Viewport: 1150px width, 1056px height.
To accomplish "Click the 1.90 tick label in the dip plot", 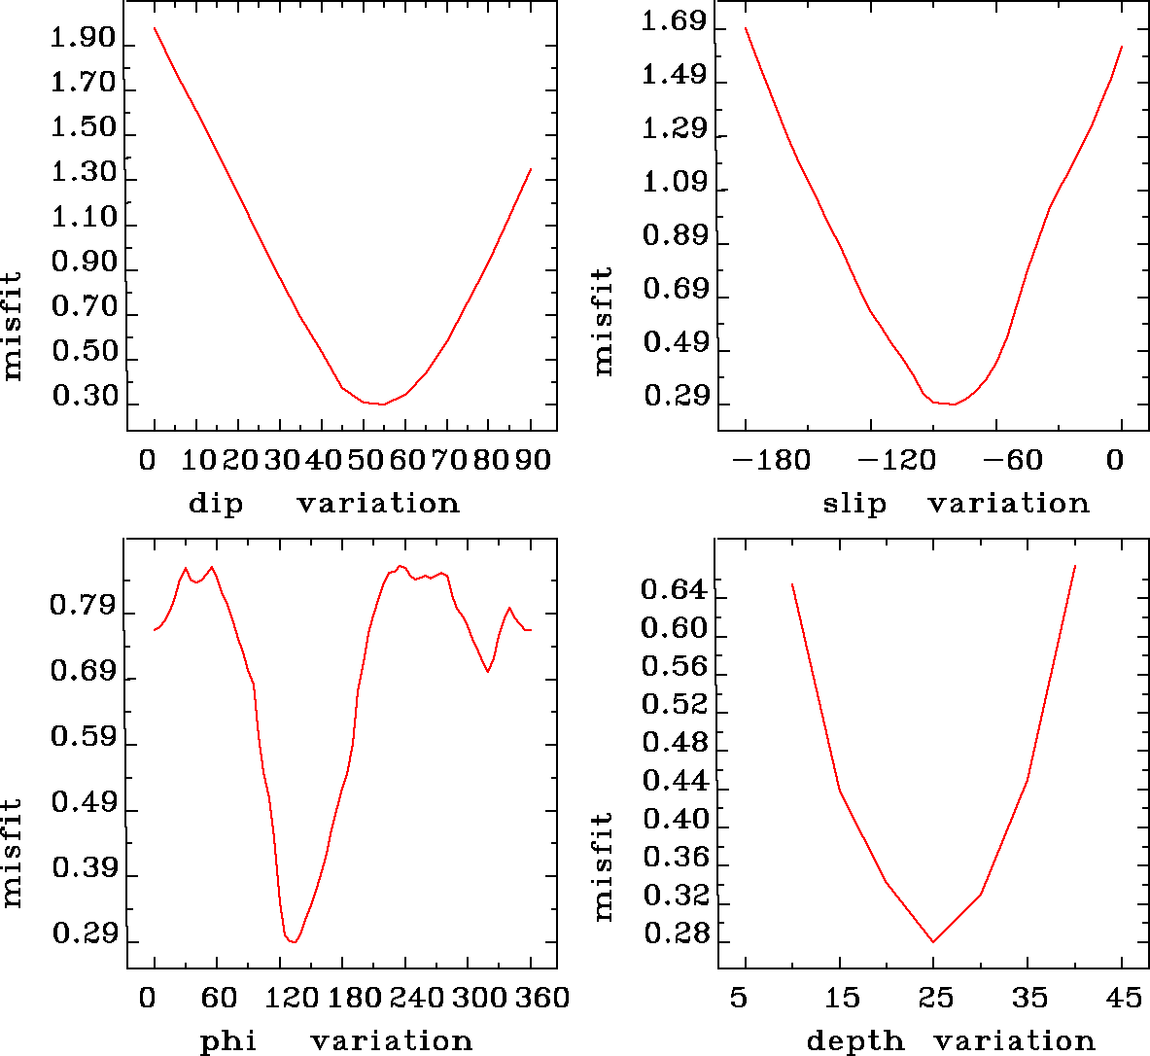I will pyautogui.click(x=83, y=40).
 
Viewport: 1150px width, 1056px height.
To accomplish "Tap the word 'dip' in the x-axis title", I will pyautogui.click(x=216, y=504).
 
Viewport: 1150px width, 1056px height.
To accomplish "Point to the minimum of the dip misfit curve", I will pyautogui.click(x=382, y=404).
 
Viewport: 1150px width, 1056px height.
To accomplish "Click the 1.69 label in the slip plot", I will pyautogui.click(x=674, y=22).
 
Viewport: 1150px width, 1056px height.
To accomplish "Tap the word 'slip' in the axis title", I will pyautogui.click(x=854, y=504).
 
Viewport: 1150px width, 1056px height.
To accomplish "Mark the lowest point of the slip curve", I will pyautogui.click(x=953, y=404).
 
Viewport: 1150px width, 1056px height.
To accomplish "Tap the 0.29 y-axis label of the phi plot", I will pyautogui.click(x=83, y=935).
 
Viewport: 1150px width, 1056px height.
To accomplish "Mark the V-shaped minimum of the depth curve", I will pyautogui.click(x=933, y=941).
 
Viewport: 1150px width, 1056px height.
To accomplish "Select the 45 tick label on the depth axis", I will pyautogui.click(x=1122, y=999).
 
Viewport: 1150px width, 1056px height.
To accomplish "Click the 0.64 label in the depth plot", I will pyautogui.click(x=674, y=589).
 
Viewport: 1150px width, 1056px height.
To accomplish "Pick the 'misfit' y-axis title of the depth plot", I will pyautogui.click(x=604, y=866).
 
